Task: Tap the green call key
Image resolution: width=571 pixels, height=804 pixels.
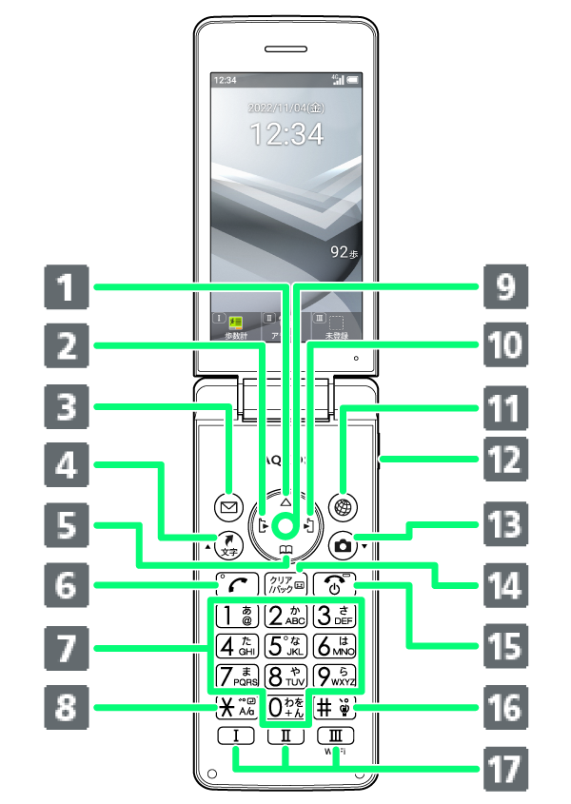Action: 231,584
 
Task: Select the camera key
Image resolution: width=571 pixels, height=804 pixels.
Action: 343,545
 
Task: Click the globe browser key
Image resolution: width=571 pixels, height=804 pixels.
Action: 343,506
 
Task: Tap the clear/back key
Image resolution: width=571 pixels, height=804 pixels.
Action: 285,584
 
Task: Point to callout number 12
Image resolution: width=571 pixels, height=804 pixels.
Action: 502,461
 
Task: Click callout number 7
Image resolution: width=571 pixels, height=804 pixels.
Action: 66,648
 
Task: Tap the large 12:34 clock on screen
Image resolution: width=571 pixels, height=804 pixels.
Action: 285,134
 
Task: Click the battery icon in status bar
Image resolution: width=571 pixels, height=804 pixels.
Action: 353,80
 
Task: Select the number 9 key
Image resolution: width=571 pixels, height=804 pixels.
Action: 337,677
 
